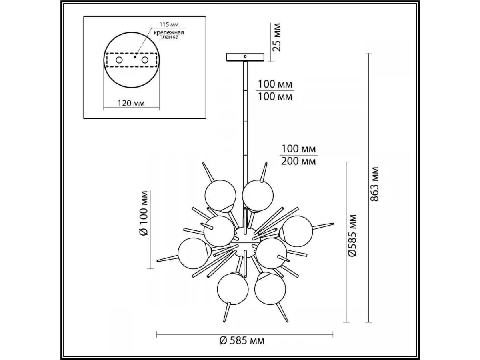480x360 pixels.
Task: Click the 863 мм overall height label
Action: pyautogui.click(x=374, y=184)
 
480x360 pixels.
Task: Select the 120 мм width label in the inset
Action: pyautogui.click(x=131, y=103)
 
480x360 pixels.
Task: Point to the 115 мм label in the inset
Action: pyautogui.click(x=169, y=25)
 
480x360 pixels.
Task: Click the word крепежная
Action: pyautogui.click(x=169, y=33)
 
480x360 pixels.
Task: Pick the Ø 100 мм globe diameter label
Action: pyautogui.click(x=144, y=213)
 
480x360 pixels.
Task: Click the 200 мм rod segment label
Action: pyautogui.click(x=298, y=161)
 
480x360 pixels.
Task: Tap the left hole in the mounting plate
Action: pyautogui.click(x=119, y=60)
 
